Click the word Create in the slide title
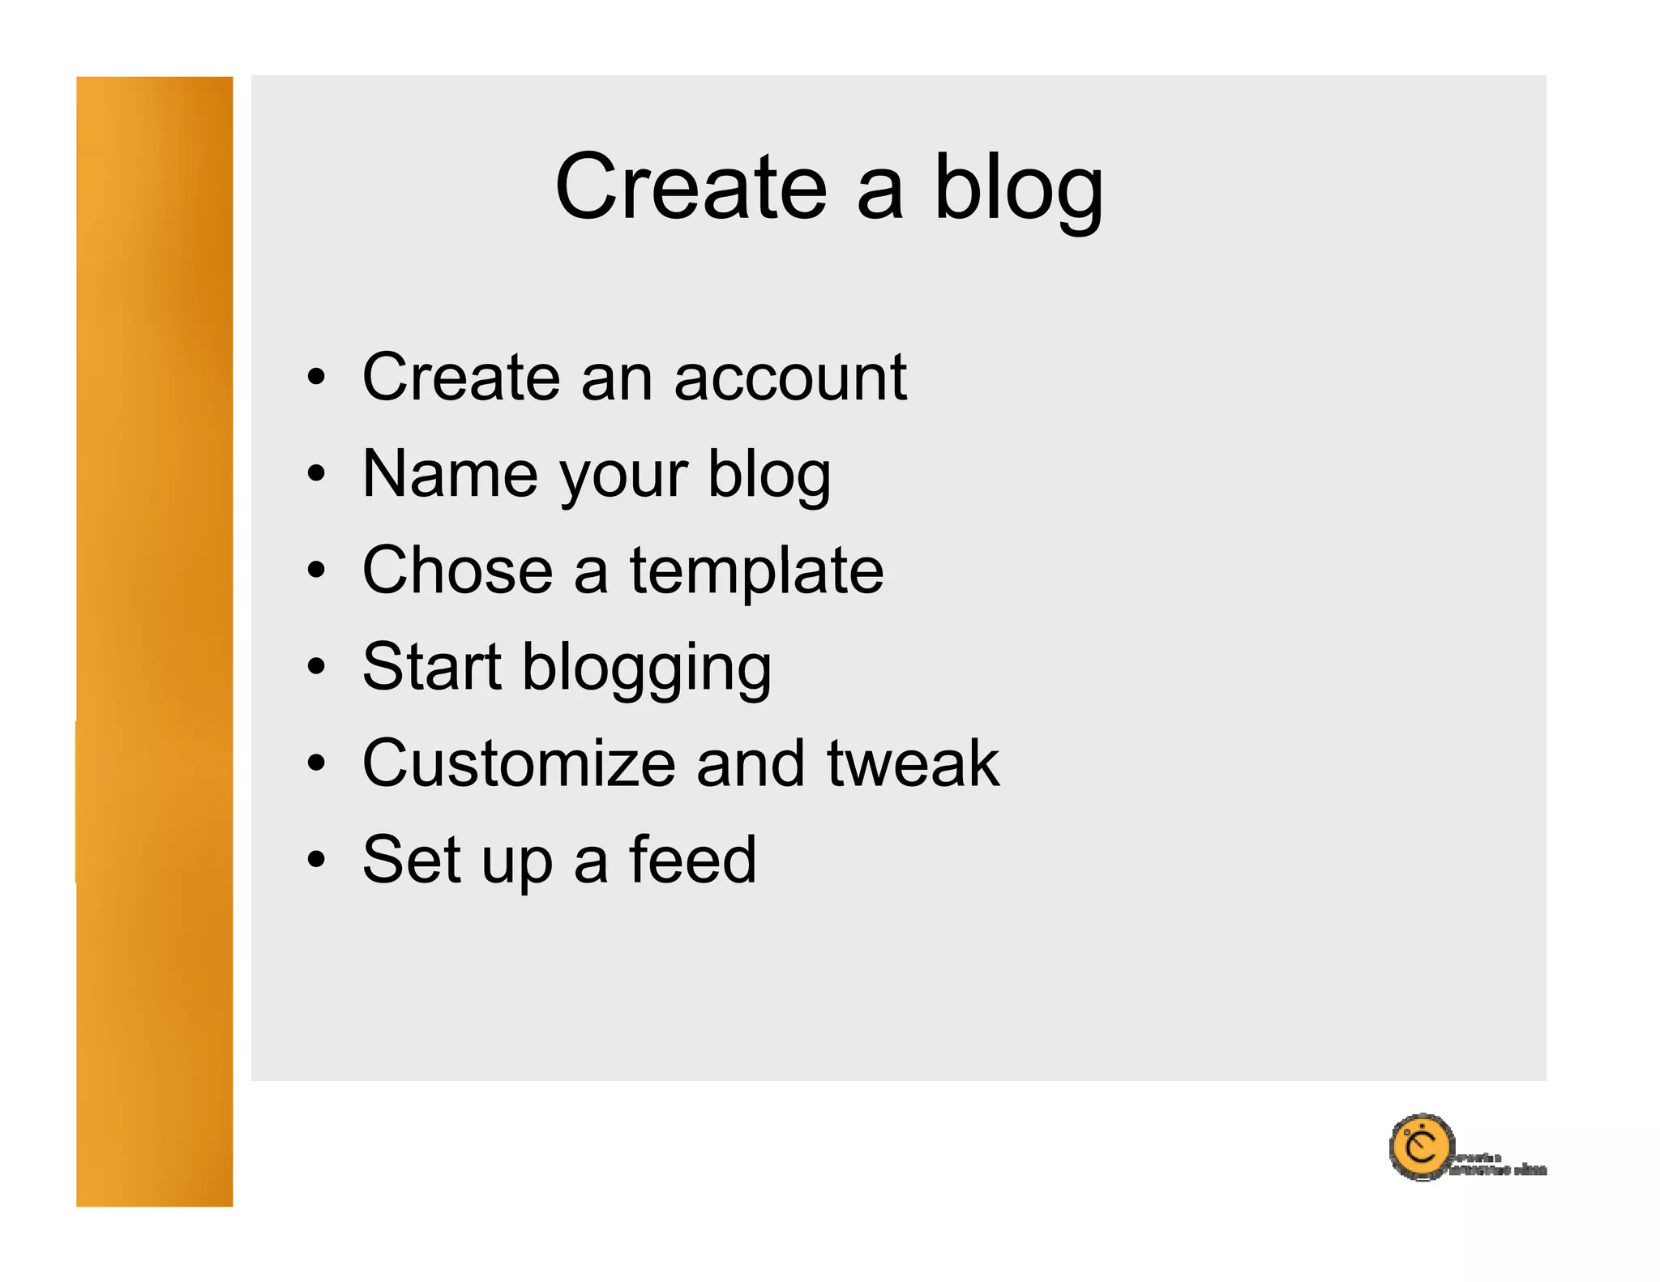click(691, 187)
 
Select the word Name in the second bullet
click(449, 474)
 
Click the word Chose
click(457, 570)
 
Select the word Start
click(431, 667)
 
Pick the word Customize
click(519, 763)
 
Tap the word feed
click(692, 860)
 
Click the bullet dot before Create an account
click(316, 378)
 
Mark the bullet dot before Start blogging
click(316, 667)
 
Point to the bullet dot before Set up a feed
click(316, 860)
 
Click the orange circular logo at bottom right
click(1420, 1147)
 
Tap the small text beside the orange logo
click(1498, 1164)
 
